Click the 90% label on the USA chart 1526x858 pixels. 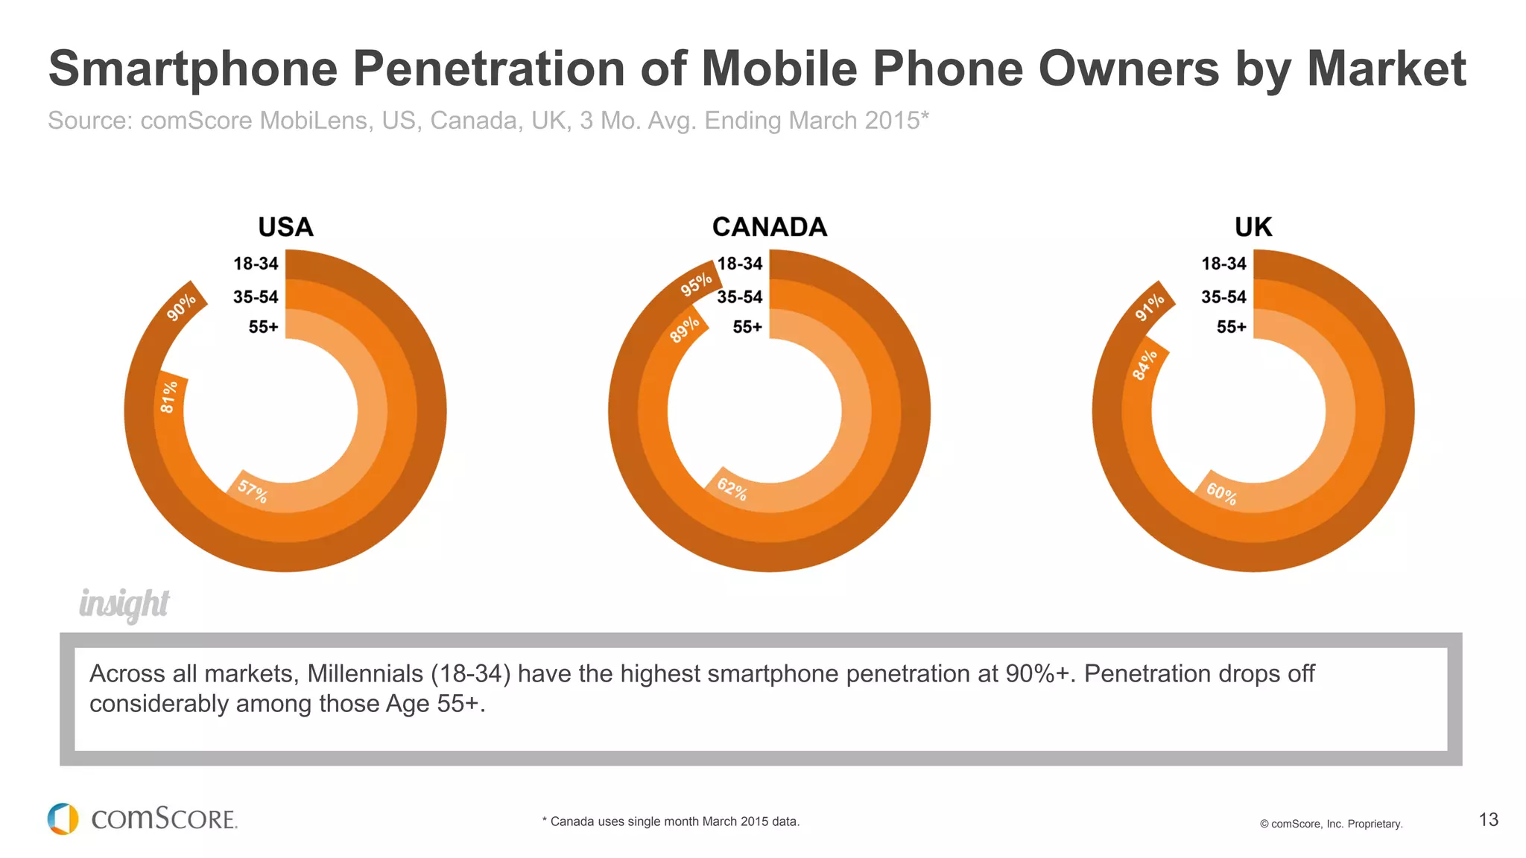click(x=181, y=307)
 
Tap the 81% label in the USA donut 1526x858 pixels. click(x=169, y=397)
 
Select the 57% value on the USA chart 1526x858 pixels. click(x=253, y=492)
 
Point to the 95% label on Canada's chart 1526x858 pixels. click(x=696, y=284)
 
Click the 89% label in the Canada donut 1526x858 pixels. click(x=684, y=329)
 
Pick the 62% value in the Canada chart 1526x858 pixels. click(x=732, y=489)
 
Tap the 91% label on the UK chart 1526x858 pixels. click(x=1150, y=307)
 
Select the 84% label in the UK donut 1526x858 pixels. click(x=1144, y=365)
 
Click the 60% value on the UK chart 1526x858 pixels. click(x=1221, y=494)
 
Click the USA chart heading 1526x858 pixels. click(x=285, y=227)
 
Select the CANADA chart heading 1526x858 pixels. click(x=770, y=227)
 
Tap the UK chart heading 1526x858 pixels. click(x=1253, y=227)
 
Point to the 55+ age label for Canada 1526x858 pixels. click(x=747, y=327)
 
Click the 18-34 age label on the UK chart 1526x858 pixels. click(x=1223, y=264)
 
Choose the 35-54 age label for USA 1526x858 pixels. click(x=256, y=297)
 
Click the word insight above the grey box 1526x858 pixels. click(x=124, y=604)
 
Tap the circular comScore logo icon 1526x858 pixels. click(x=63, y=819)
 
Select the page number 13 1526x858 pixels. click(x=1488, y=820)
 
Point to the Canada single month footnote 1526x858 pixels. click(x=671, y=822)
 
